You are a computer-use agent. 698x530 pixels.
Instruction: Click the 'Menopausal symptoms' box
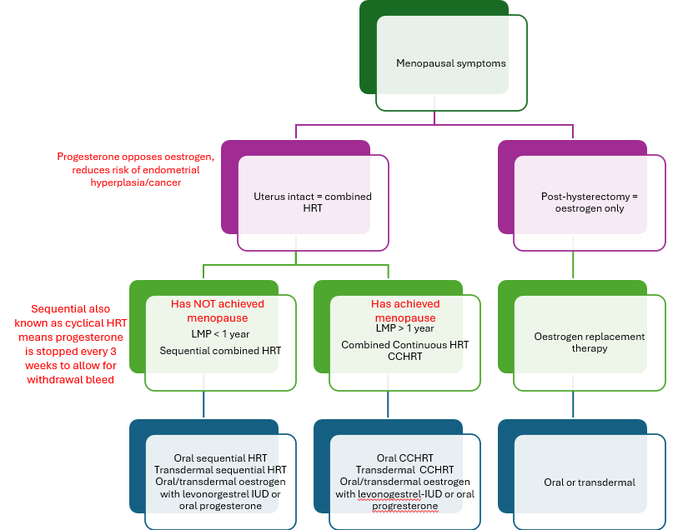point(450,63)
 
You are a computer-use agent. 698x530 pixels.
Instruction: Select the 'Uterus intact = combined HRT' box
point(312,202)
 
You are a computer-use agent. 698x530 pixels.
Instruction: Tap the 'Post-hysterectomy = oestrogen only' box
point(589,202)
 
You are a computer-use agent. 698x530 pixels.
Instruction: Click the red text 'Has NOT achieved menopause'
point(217,311)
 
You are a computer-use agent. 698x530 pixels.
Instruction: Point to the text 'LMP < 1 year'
point(220,334)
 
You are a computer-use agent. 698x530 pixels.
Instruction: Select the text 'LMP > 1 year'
point(404,330)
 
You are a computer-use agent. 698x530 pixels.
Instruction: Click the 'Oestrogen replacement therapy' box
point(589,342)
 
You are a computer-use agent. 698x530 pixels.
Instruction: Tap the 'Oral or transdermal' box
point(589,482)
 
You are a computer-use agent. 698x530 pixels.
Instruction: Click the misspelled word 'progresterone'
point(404,506)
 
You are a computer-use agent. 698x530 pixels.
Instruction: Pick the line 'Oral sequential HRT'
point(220,459)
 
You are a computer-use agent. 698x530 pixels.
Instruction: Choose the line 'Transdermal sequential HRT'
point(220,471)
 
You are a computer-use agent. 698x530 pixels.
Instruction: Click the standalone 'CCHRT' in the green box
point(404,357)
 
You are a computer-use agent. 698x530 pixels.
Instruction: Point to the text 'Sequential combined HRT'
point(220,350)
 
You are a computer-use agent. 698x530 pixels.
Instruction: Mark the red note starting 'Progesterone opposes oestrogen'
point(136,157)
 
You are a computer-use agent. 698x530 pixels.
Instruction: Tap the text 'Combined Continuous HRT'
point(404,344)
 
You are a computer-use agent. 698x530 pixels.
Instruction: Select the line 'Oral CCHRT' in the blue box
point(404,458)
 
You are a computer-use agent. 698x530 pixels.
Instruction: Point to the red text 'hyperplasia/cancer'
point(136,182)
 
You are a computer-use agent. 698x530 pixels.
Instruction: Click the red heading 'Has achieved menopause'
point(404,311)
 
